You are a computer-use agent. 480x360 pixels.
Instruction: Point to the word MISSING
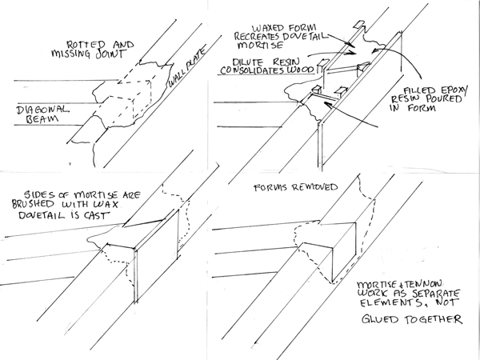[82, 55]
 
